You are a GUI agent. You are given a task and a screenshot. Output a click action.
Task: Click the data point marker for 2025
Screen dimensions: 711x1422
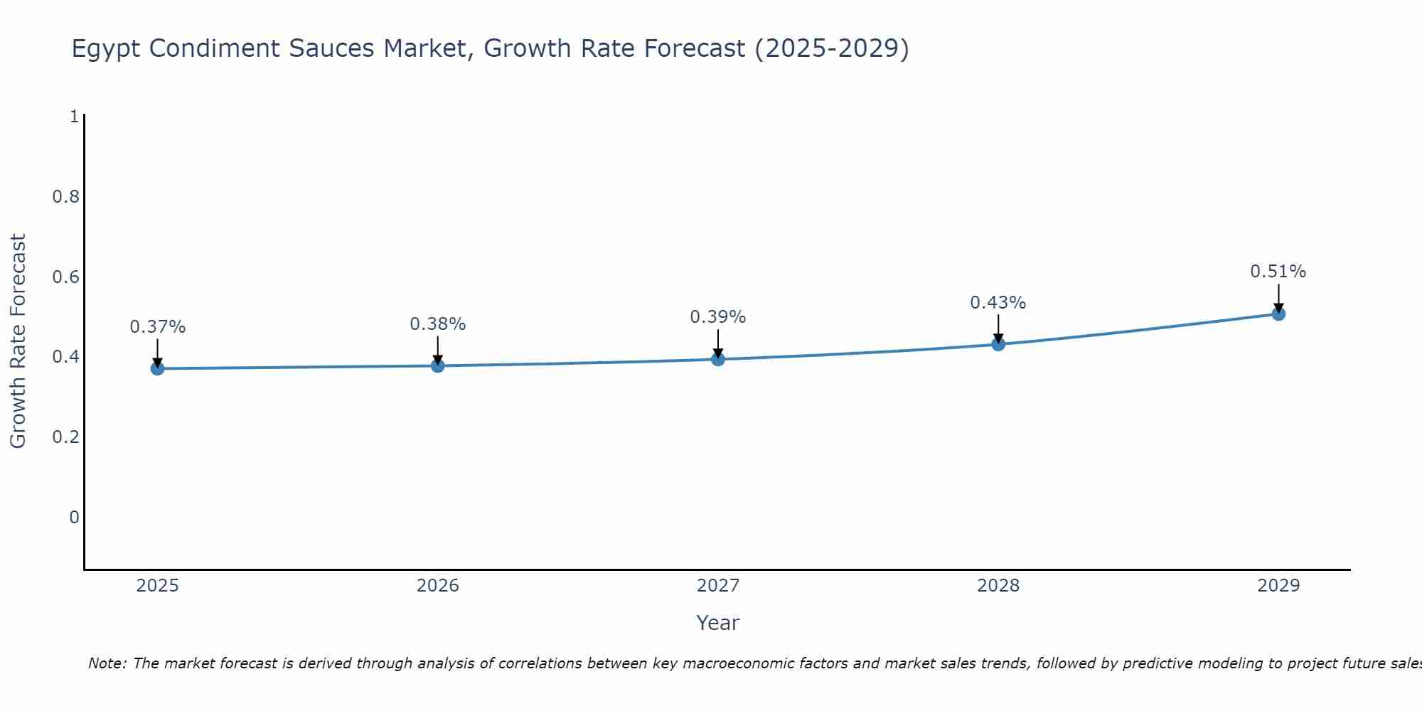(x=158, y=368)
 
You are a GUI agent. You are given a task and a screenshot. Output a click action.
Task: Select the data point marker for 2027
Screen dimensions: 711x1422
(x=718, y=359)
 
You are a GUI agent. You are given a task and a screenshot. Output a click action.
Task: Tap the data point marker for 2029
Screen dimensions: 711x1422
(x=1278, y=314)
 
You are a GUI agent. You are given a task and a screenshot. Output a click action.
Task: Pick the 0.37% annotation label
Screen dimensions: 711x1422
(x=158, y=327)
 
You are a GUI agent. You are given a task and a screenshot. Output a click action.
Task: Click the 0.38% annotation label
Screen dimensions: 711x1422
(x=438, y=324)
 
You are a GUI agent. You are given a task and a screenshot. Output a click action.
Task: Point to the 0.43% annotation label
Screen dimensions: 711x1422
(x=998, y=303)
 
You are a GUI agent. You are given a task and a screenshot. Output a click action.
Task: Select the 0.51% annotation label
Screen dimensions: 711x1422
(x=1278, y=272)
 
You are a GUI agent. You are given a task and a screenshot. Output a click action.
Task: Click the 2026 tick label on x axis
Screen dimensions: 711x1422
(x=438, y=586)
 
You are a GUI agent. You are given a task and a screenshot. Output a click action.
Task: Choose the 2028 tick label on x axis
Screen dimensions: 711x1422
(x=998, y=586)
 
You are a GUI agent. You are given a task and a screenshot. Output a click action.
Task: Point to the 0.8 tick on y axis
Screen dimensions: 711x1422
(x=65, y=196)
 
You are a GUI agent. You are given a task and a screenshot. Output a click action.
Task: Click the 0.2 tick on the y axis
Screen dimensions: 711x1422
(x=65, y=437)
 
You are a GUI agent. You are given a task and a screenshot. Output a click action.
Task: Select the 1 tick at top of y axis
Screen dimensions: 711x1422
(x=74, y=116)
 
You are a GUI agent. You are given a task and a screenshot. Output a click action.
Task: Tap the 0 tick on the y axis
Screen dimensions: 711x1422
(x=74, y=517)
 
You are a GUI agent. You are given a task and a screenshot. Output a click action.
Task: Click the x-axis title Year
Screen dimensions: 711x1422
(x=718, y=623)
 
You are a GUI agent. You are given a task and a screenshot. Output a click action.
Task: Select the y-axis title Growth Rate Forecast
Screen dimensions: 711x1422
(x=18, y=341)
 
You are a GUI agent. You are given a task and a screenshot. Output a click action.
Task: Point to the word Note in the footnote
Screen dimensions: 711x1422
(x=107, y=663)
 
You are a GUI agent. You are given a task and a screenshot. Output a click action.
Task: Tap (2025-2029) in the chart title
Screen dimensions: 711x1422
(x=832, y=49)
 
